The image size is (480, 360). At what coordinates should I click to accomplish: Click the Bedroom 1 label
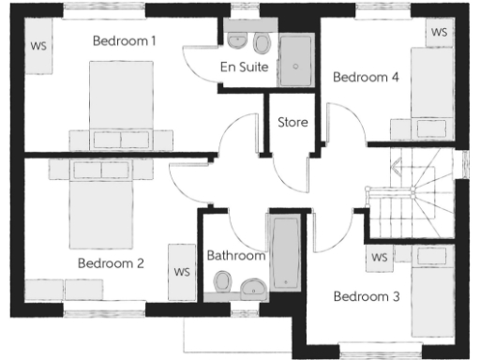tap(124, 40)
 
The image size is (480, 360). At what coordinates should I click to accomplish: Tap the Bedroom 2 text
tap(111, 263)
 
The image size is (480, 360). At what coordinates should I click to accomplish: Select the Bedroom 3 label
tap(367, 296)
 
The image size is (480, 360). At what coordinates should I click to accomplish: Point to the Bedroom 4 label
tap(367, 77)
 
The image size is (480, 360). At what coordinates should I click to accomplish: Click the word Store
tap(292, 122)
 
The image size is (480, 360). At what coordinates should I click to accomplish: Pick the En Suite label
tap(245, 67)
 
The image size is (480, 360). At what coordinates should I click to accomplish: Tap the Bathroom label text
tap(236, 254)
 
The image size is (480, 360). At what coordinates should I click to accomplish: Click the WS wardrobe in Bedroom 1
tap(38, 45)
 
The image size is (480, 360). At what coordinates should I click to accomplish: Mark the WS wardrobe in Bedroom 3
tap(380, 257)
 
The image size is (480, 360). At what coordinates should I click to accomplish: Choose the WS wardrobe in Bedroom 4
tap(439, 32)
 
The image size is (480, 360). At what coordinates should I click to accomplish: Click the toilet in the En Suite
tap(262, 42)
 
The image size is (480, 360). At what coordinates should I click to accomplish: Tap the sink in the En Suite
tap(237, 40)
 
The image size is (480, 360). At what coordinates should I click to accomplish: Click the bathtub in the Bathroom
tap(283, 252)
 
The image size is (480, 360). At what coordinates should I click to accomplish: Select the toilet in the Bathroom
tap(223, 281)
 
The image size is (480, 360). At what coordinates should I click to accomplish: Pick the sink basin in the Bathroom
tap(251, 287)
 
